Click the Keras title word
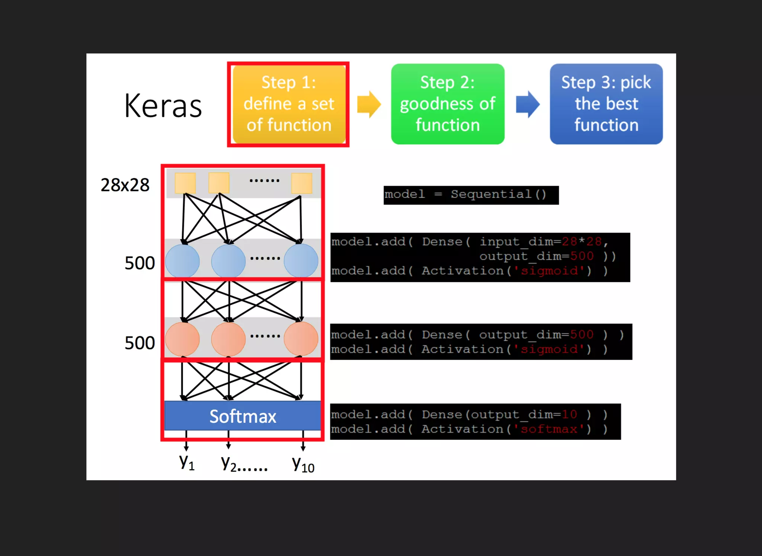(x=163, y=106)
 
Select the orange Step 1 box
(x=289, y=104)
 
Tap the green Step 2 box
(x=448, y=104)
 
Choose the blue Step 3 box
(x=606, y=104)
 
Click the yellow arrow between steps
(x=368, y=104)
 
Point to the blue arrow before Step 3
(x=527, y=104)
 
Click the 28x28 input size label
(x=125, y=185)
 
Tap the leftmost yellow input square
(x=185, y=183)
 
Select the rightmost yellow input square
(x=301, y=183)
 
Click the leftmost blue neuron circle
(x=182, y=261)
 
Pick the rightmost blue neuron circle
(x=301, y=260)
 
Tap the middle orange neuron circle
(x=228, y=339)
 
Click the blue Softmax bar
(x=243, y=416)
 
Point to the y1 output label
(x=186, y=462)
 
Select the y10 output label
(x=303, y=464)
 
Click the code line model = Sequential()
(x=465, y=194)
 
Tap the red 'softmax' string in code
(x=549, y=429)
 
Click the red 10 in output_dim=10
(x=569, y=414)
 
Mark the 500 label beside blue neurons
(x=140, y=263)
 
